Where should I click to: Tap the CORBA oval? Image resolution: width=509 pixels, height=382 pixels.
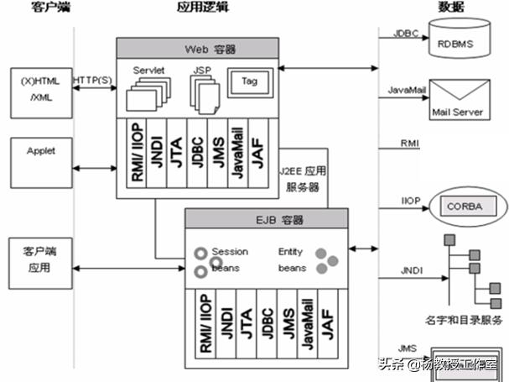[466, 205]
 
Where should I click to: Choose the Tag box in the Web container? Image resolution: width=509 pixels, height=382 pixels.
[249, 83]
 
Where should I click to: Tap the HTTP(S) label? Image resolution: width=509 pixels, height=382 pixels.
[92, 80]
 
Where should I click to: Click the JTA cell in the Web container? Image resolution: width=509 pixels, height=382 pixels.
[175, 145]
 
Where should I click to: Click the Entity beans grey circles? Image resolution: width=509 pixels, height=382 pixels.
[326, 259]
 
